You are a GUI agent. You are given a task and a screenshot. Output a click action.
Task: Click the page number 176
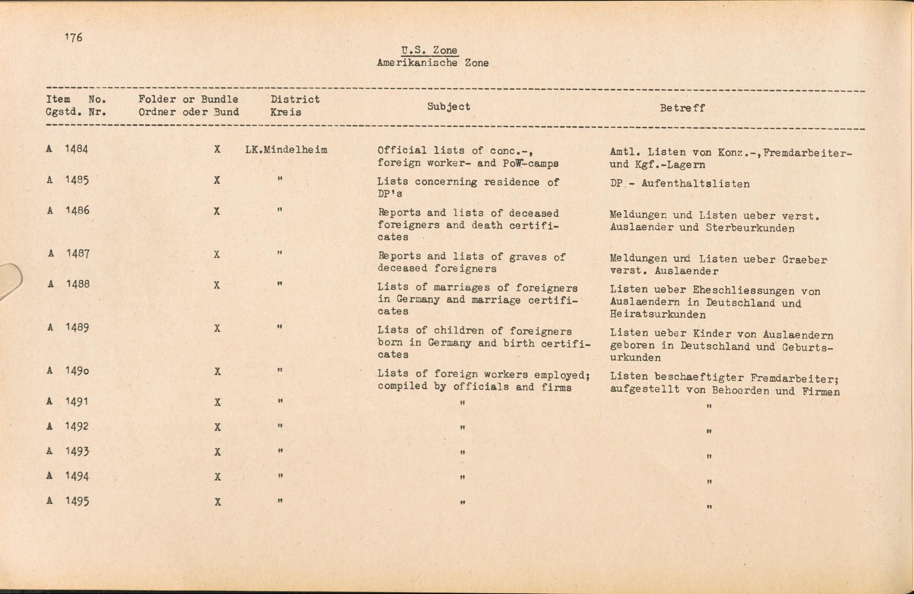point(74,37)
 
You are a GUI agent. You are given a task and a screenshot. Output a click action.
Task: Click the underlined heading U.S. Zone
point(429,51)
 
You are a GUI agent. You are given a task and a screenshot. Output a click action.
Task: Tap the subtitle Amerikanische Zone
point(432,63)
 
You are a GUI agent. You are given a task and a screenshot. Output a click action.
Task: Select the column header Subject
point(448,106)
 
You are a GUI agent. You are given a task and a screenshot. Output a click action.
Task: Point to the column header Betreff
point(682,108)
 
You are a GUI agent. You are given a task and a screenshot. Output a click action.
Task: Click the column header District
point(295,100)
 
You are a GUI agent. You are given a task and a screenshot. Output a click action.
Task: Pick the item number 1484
point(76,149)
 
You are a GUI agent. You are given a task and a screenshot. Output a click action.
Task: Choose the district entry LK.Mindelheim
point(286,150)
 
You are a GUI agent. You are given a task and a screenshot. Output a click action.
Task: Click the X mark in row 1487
point(217,254)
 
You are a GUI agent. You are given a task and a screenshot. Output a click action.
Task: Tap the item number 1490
point(77,371)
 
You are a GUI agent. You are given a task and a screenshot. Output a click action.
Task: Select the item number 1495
point(77,501)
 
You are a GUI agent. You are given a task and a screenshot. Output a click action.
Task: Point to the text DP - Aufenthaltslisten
point(680,184)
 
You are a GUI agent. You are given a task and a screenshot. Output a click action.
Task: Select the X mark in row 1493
point(218,452)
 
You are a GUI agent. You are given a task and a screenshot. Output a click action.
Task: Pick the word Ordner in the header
point(157,112)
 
